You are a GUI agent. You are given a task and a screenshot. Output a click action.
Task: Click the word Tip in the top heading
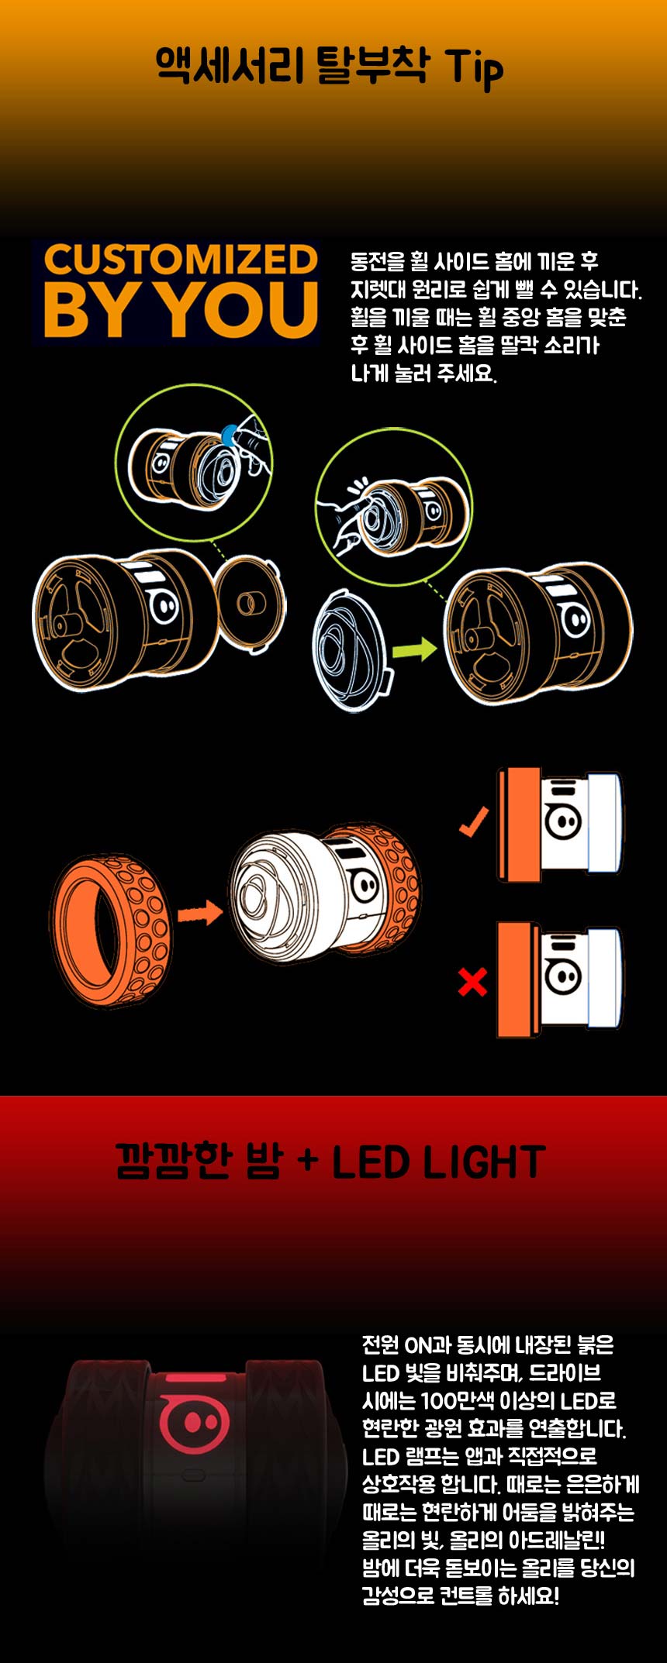click(x=474, y=67)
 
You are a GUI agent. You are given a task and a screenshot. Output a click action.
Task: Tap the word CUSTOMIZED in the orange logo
click(x=180, y=260)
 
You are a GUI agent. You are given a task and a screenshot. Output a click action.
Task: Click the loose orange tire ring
click(x=111, y=930)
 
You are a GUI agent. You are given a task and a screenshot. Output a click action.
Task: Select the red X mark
click(x=472, y=983)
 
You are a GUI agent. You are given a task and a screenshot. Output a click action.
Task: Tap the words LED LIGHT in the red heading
click(x=438, y=1162)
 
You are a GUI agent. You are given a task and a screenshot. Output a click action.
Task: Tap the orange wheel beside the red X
click(x=519, y=980)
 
